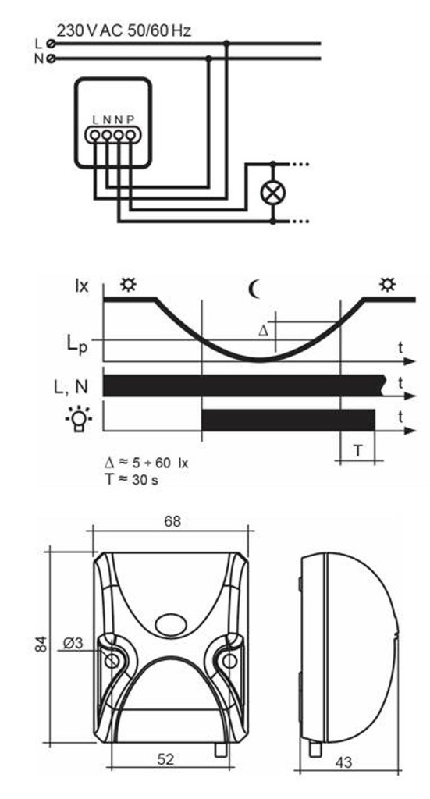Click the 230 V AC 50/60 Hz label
coord(123,31)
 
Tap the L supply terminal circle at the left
coord(51,44)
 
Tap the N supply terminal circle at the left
coord(51,59)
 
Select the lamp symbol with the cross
coord(272,193)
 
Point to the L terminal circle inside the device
coord(94,135)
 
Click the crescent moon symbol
coord(254,289)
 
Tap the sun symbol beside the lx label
coord(127,286)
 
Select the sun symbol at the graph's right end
coord(386,286)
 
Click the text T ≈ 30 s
coord(131,480)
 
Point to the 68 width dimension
coord(171,521)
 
